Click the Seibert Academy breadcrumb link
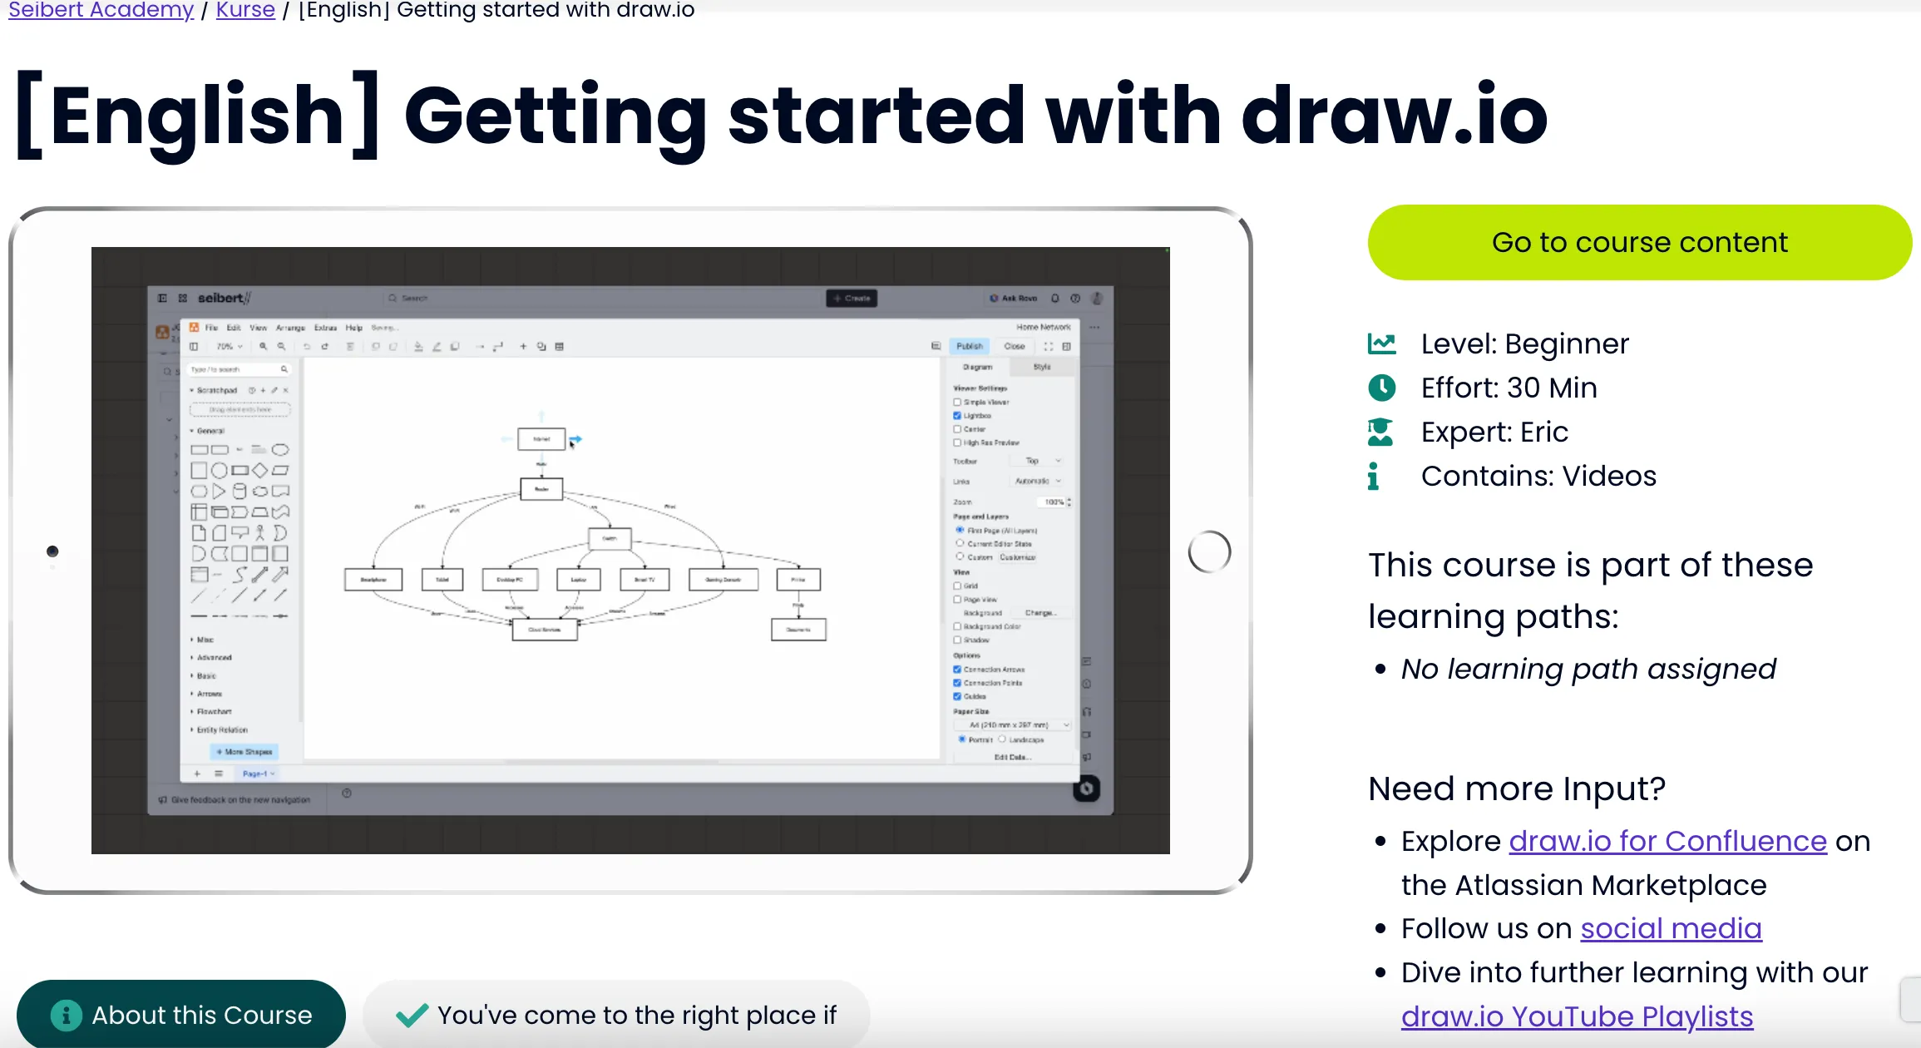click(x=101, y=10)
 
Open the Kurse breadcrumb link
click(x=245, y=10)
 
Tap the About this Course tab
click(x=181, y=1015)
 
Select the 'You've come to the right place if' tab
click(x=616, y=1015)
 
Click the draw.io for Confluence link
click(x=1667, y=841)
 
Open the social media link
click(x=1671, y=928)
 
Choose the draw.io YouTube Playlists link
click(x=1577, y=1016)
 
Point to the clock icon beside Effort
click(x=1381, y=388)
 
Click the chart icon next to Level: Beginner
click(x=1381, y=344)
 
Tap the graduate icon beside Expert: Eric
click(x=1380, y=432)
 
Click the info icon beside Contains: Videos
click(x=1373, y=476)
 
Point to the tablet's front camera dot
click(x=52, y=551)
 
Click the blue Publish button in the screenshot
click(x=969, y=346)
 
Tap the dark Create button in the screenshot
click(x=852, y=298)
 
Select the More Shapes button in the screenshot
click(x=244, y=752)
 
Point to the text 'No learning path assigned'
click(x=1588, y=669)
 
